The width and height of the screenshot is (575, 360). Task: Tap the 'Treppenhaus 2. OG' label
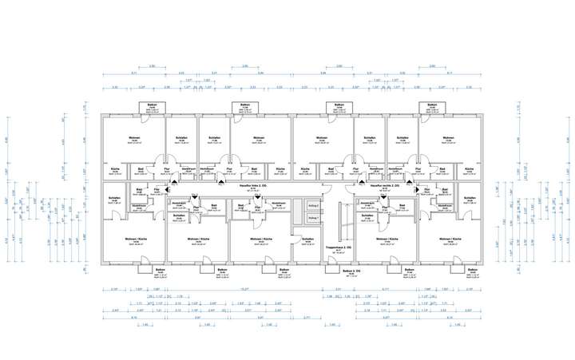coord(334,248)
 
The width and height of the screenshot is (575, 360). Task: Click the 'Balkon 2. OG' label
coord(334,271)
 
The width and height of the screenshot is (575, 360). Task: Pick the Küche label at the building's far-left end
coord(114,169)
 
